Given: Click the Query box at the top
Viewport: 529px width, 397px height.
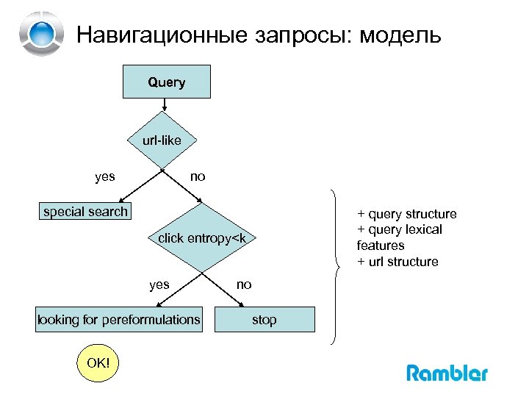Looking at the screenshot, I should [x=166, y=82].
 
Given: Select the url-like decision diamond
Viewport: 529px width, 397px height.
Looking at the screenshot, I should [x=162, y=140].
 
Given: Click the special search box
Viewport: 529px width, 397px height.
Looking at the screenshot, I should [x=85, y=212].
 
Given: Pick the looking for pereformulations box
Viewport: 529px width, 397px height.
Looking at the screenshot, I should [x=119, y=320].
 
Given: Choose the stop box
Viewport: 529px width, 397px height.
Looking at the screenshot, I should [x=264, y=320].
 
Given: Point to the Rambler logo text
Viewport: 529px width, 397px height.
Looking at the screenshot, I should [x=447, y=373].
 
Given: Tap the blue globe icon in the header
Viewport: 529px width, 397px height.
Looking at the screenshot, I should [x=43, y=33].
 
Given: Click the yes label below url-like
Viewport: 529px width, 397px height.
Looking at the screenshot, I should [x=105, y=176].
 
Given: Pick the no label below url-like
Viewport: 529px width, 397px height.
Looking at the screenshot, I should [x=198, y=176].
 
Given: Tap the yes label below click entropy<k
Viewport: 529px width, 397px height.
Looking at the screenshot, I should [x=159, y=285].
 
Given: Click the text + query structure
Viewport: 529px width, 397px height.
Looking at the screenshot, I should [x=406, y=214].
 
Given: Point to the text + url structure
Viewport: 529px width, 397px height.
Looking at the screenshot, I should [x=397, y=262].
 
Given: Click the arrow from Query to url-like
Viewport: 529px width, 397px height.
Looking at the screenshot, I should [x=165, y=106].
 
